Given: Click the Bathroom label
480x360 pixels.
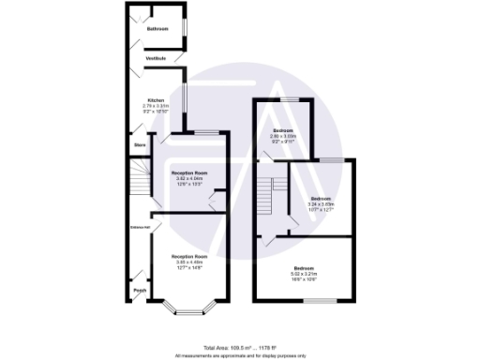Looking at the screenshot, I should click(157, 29).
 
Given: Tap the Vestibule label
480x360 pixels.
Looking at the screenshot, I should click(156, 59).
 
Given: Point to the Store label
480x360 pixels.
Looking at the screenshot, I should click(140, 145).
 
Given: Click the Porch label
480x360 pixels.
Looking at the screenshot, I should click(140, 291).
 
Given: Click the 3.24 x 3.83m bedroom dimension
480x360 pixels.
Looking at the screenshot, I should click(322, 204).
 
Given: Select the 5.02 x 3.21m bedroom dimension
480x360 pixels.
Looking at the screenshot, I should click(303, 273).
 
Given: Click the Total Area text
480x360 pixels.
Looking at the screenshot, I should click(239, 348).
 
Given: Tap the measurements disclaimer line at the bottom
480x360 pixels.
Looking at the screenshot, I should click(240, 356).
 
